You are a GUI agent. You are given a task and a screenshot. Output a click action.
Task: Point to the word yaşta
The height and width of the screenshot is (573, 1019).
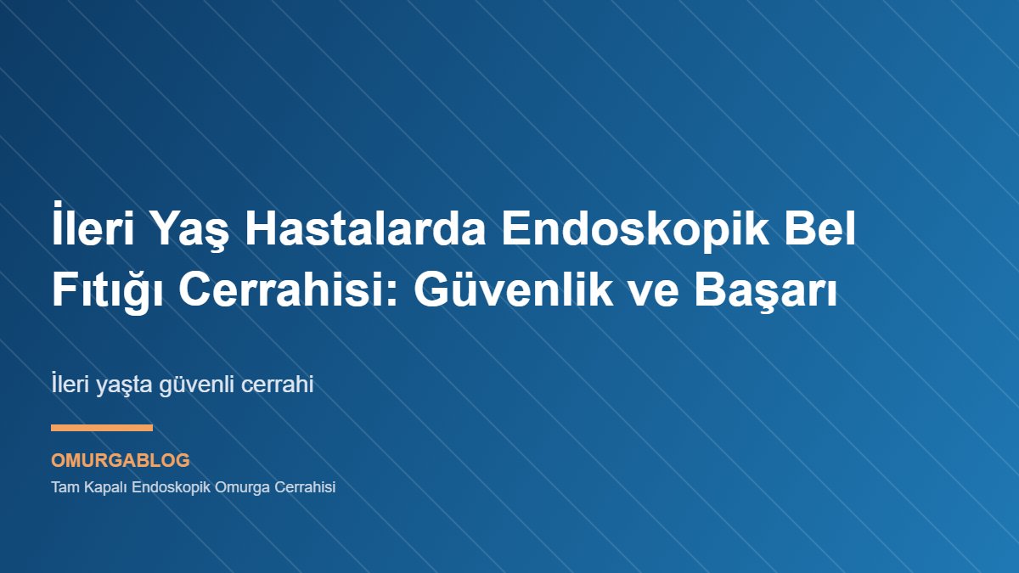click(x=122, y=385)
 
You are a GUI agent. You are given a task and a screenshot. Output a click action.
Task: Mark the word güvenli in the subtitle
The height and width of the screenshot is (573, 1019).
click(x=197, y=385)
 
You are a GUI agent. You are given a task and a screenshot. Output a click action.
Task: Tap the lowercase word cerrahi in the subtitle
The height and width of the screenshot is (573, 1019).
click(x=279, y=385)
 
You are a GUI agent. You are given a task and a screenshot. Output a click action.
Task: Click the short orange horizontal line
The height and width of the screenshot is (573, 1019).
click(x=102, y=428)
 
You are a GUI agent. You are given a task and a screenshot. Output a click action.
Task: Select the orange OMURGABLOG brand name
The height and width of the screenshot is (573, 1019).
click(x=121, y=461)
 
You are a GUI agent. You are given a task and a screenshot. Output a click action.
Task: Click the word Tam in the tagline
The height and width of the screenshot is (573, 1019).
click(x=64, y=488)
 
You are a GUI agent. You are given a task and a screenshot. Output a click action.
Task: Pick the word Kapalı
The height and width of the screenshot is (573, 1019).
click(x=104, y=488)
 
